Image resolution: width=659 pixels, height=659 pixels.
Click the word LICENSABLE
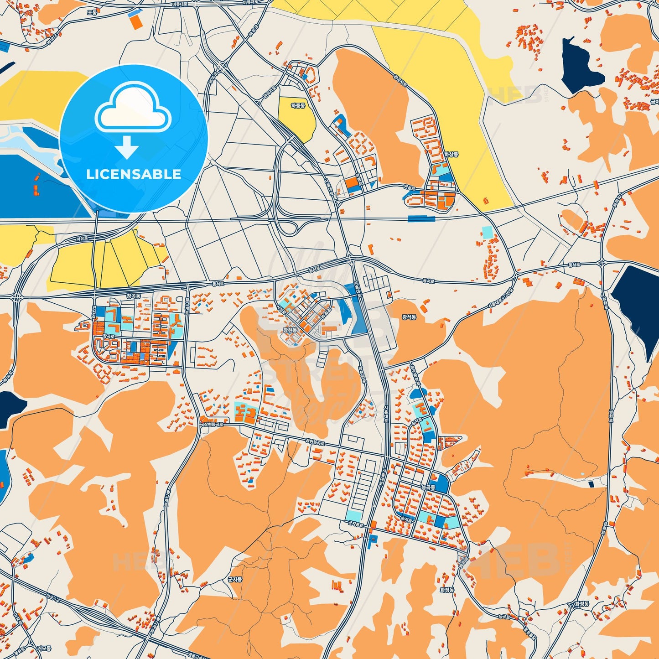133,174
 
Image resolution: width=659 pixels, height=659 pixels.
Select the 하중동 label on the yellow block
297,105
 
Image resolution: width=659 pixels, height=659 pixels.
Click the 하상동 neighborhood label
451,155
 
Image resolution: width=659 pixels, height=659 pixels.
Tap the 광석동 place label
409,317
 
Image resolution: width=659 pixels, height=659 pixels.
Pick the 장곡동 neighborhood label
134,296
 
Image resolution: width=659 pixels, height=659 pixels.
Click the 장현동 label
290,329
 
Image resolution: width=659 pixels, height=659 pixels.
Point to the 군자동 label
235,579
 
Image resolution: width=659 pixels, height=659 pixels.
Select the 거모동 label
44,648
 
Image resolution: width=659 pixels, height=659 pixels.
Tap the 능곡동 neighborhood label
428,488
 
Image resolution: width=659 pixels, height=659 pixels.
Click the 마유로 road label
82,238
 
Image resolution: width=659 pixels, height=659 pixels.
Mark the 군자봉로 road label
356,524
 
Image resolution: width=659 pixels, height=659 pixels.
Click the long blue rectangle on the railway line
421,219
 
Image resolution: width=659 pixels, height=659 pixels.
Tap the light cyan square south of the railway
488,232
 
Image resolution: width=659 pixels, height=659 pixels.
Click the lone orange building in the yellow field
486,200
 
